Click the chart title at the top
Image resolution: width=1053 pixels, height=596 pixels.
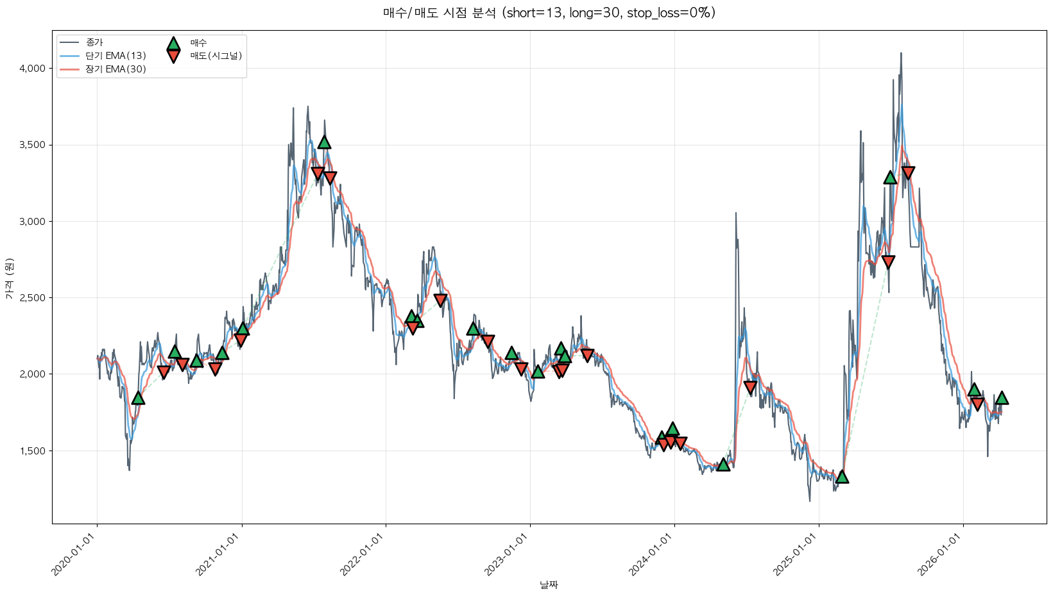pos(549,13)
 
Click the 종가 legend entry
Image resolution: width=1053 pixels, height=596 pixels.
pos(94,42)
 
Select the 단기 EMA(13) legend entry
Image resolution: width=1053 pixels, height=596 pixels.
pos(116,56)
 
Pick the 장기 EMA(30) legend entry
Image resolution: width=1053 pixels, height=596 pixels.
pos(116,69)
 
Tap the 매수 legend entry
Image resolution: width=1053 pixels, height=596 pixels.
pos(198,43)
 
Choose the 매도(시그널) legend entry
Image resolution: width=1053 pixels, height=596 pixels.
pos(216,56)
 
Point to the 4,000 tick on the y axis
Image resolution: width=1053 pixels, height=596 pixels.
pos(32,69)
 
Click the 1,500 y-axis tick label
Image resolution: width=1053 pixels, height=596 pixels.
pos(32,451)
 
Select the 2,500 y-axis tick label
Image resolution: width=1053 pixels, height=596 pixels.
pos(32,298)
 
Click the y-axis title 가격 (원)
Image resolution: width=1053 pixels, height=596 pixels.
pos(9,278)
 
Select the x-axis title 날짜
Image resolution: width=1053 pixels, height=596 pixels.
pos(549,584)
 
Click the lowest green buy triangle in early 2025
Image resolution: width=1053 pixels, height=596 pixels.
pos(842,476)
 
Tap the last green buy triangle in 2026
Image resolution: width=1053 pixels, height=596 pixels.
pos(1002,398)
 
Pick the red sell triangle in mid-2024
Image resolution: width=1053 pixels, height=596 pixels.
pos(750,387)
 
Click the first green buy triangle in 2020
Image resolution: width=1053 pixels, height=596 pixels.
pos(138,398)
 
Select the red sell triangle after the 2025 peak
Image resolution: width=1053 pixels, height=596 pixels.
pos(908,172)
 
